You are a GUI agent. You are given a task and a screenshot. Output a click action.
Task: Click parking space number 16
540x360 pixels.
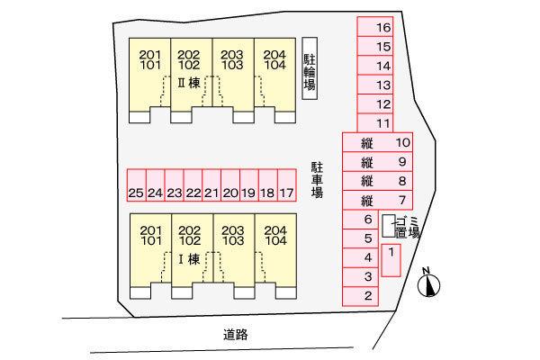(x=375, y=26)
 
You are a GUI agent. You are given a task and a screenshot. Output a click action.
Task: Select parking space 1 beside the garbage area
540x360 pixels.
(x=391, y=260)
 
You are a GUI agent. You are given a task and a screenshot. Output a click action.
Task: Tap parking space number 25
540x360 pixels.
(x=137, y=185)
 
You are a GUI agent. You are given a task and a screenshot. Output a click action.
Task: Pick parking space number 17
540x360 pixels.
(x=287, y=185)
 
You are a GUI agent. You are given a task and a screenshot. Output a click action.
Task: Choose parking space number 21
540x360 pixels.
(x=211, y=185)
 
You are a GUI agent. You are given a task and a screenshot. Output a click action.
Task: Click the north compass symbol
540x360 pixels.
(x=428, y=283)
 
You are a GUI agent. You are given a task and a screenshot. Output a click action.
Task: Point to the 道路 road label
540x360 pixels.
(x=236, y=334)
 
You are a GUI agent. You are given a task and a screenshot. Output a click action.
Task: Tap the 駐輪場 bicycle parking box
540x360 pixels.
(x=310, y=68)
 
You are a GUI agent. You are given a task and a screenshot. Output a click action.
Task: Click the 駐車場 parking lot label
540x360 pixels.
(x=317, y=180)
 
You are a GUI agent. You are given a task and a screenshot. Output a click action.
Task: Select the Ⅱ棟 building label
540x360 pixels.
(x=189, y=83)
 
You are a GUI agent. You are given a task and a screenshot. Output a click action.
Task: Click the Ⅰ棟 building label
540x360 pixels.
(x=189, y=259)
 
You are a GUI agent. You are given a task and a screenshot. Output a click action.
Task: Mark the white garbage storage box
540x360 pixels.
(x=389, y=226)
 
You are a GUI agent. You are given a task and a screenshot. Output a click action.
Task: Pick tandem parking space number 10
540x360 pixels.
(x=377, y=142)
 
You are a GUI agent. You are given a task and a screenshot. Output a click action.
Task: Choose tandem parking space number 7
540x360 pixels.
(x=377, y=200)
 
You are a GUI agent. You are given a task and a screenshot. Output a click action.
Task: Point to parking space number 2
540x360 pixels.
(x=361, y=296)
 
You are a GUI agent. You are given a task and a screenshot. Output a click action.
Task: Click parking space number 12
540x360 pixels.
(x=375, y=103)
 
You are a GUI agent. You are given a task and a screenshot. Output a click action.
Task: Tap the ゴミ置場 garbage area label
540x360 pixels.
(x=408, y=228)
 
